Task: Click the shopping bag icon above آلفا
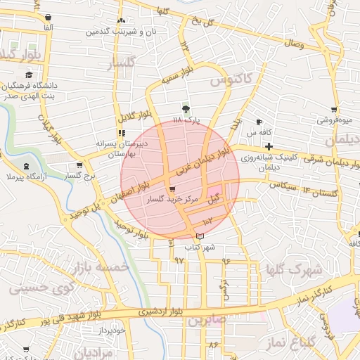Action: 47,18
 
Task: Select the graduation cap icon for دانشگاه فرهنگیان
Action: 29,75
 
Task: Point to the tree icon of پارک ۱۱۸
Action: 186,108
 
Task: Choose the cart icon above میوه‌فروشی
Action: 334,110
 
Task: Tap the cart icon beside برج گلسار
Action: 79,167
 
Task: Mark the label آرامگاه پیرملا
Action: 25,176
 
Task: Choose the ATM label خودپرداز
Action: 112,330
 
